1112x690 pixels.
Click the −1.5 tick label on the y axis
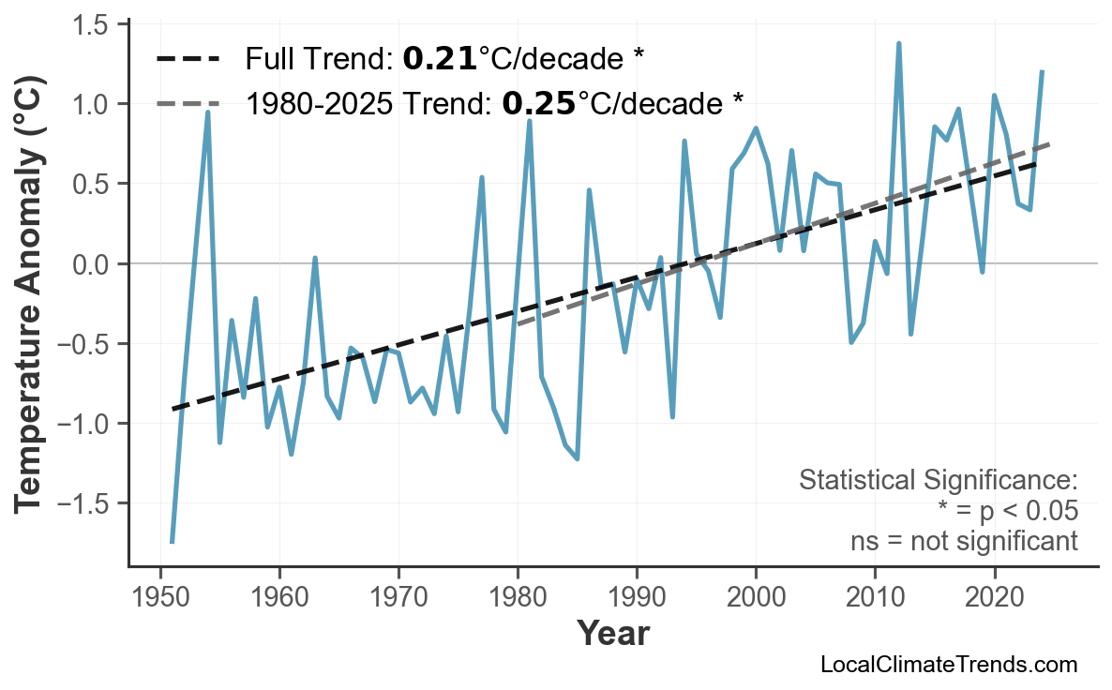(87, 504)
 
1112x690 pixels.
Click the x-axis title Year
(612, 634)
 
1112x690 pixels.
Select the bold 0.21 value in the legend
(440, 59)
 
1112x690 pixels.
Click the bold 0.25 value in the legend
(538, 103)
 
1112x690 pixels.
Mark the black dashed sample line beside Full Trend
(188, 59)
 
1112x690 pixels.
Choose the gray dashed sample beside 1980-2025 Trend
(188, 103)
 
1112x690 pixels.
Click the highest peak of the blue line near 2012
(898, 43)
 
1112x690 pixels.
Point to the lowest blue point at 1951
(173, 542)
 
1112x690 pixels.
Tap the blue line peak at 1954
(207, 112)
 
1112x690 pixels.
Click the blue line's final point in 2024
(1042, 71)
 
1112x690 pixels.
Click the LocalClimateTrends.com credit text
(948, 666)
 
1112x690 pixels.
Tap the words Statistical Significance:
(938, 481)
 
